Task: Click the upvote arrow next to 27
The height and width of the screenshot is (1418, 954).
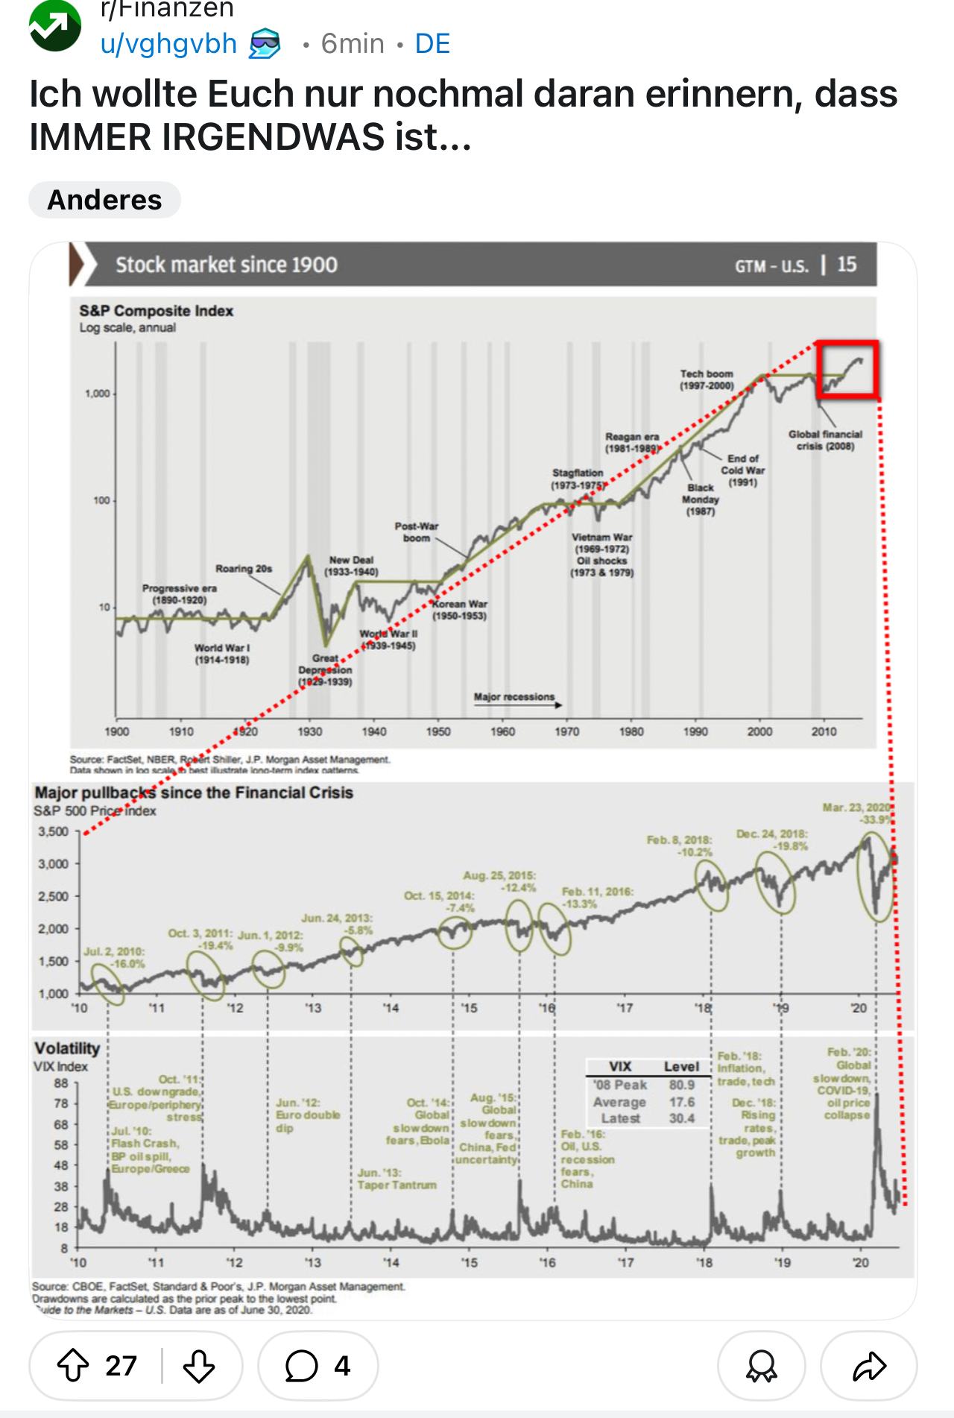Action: point(72,1366)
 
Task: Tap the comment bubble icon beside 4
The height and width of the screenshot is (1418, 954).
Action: point(301,1366)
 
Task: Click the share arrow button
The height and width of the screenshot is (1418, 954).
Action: point(868,1366)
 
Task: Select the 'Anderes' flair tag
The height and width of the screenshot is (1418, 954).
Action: point(104,200)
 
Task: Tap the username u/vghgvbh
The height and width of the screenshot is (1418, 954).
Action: point(168,44)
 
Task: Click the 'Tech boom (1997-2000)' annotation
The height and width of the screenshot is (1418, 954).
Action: point(706,379)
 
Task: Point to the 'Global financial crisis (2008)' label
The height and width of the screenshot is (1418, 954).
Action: point(825,440)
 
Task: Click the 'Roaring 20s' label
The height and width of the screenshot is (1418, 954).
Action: point(244,569)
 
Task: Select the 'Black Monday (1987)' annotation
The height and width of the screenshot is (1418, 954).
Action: point(700,500)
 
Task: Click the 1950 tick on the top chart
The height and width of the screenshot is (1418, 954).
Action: point(438,731)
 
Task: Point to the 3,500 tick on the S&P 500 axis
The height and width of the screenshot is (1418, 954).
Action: point(53,831)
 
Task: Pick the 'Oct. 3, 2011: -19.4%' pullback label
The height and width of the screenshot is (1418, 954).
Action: point(200,939)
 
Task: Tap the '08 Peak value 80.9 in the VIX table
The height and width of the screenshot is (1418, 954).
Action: point(681,1085)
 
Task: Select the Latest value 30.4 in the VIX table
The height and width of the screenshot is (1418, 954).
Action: point(681,1118)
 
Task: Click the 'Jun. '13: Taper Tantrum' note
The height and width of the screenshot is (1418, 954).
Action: point(397,1179)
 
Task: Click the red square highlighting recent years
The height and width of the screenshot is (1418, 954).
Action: point(848,369)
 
